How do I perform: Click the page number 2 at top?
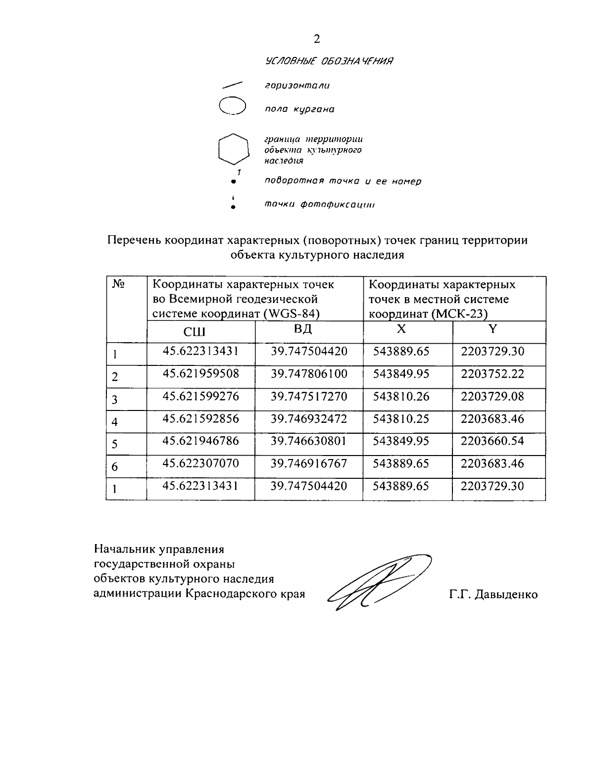(317, 39)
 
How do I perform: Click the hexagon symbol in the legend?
(233, 148)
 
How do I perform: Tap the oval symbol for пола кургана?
(233, 106)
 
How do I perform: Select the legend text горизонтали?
(297, 86)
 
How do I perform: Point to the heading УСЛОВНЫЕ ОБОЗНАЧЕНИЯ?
(329, 61)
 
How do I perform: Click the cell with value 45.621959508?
(201, 374)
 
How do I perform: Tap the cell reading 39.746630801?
(309, 441)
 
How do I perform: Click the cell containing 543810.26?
(401, 396)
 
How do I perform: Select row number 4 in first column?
(114, 422)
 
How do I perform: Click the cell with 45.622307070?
(201, 463)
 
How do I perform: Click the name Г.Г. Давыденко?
(493, 595)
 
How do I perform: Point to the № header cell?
(118, 285)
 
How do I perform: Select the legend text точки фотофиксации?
(319, 205)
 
